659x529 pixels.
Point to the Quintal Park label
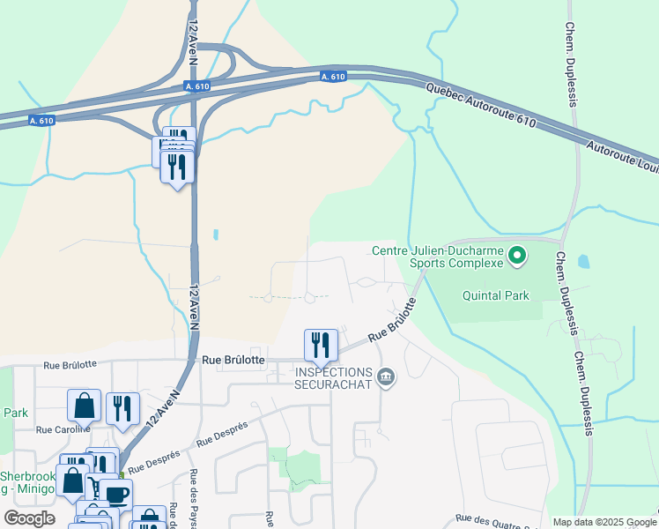(x=496, y=295)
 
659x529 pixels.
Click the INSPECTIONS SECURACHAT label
(x=332, y=377)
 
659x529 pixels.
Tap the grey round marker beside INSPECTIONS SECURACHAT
(x=385, y=378)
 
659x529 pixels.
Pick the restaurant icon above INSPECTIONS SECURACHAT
(x=320, y=345)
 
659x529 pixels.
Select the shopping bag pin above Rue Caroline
(x=84, y=406)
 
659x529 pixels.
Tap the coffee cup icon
(x=115, y=494)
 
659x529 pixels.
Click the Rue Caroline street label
(x=63, y=430)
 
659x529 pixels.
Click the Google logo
(x=30, y=518)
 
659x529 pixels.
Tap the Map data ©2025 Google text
(x=604, y=522)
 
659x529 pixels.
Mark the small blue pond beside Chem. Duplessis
(x=582, y=262)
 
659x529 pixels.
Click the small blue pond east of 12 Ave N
(x=216, y=235)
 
